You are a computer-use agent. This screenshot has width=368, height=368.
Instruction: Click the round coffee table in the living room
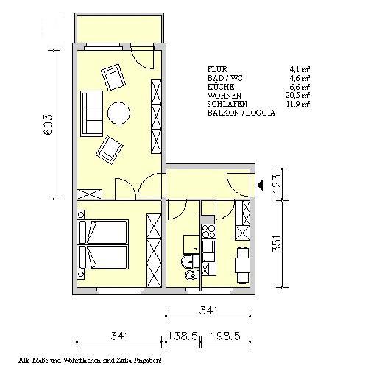click(x=118, y=113)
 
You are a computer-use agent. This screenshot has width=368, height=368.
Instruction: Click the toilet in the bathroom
click(x=191, y=275)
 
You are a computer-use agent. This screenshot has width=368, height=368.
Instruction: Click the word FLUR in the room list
click(x=218, y=69)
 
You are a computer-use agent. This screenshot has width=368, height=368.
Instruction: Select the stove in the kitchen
click(x=209, y=238)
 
